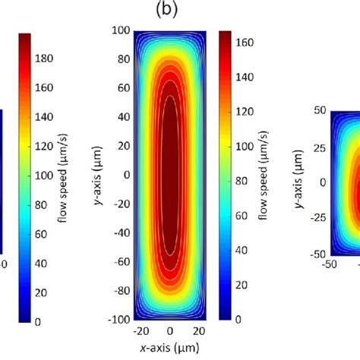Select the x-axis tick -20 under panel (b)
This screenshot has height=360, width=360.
click(x=139, y=332)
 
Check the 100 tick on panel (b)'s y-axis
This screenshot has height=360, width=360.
click(x=119, y=31)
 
